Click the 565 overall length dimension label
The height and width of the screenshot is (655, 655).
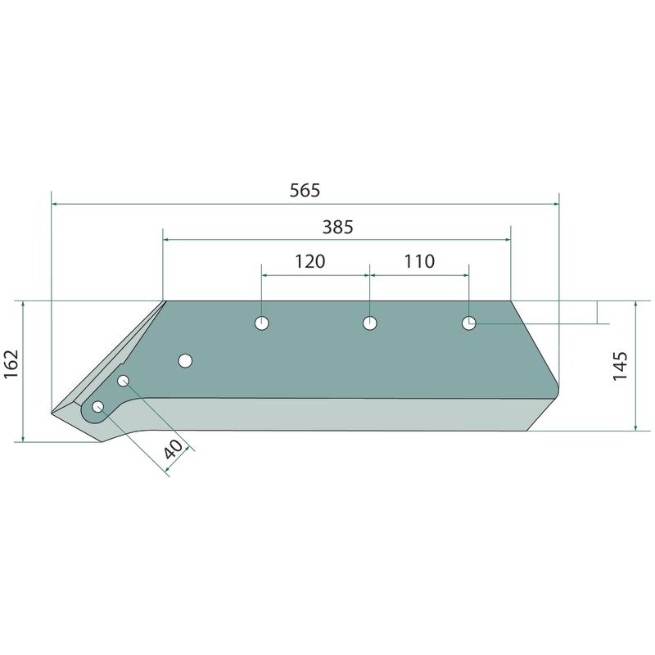305,191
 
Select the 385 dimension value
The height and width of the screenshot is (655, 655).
338,228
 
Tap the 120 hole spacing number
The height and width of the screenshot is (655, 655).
310,261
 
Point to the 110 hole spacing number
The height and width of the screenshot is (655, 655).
419,261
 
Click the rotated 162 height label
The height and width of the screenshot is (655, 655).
11,364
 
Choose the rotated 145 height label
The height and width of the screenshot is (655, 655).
621,366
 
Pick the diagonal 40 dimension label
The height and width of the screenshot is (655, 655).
173,449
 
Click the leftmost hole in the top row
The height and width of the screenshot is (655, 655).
262,323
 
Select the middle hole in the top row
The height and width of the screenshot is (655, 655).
370,323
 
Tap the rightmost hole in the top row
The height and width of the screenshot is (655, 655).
468,323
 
